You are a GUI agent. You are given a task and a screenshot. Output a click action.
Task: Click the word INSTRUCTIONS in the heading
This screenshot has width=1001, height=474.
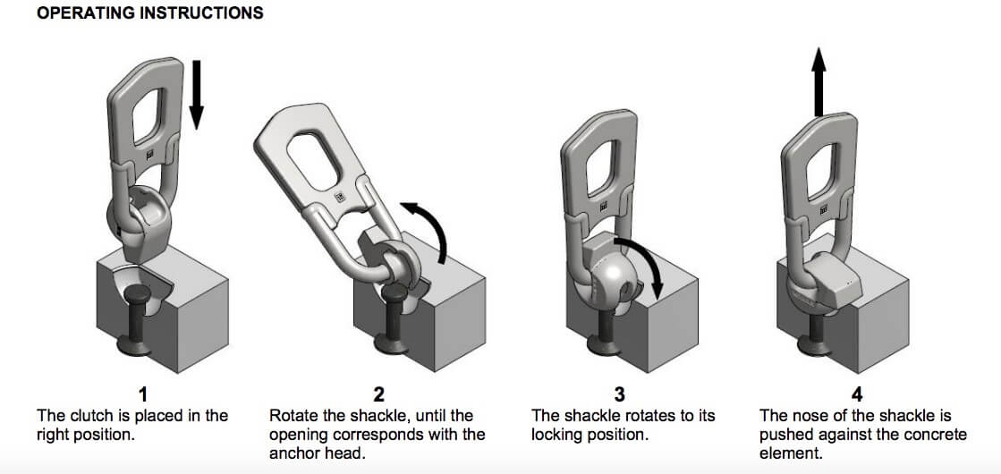click(201, 13)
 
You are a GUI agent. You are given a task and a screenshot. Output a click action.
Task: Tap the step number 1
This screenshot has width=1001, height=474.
click(144, 394)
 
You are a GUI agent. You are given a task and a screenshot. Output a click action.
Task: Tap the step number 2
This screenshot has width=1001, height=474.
click(377, 394)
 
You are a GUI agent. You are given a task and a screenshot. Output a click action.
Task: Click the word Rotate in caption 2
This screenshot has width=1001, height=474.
click(293, 416)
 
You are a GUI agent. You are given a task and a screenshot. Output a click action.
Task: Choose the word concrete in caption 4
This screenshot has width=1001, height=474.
click(937, 436)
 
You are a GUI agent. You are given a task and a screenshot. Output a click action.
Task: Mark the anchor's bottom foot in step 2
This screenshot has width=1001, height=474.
click(394, 343)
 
